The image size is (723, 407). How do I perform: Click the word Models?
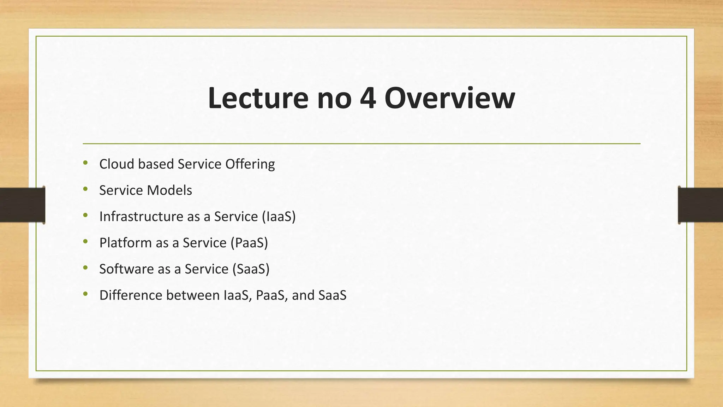coord(169,190)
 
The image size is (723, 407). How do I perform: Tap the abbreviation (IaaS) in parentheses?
coord(279,217)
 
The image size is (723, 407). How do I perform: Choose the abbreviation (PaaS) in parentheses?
coord(249,243)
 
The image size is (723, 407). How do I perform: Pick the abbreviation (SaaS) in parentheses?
coord(251,269)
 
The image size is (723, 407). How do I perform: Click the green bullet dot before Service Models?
coord(85,189)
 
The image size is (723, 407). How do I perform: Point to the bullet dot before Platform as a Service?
coord(85,242)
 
